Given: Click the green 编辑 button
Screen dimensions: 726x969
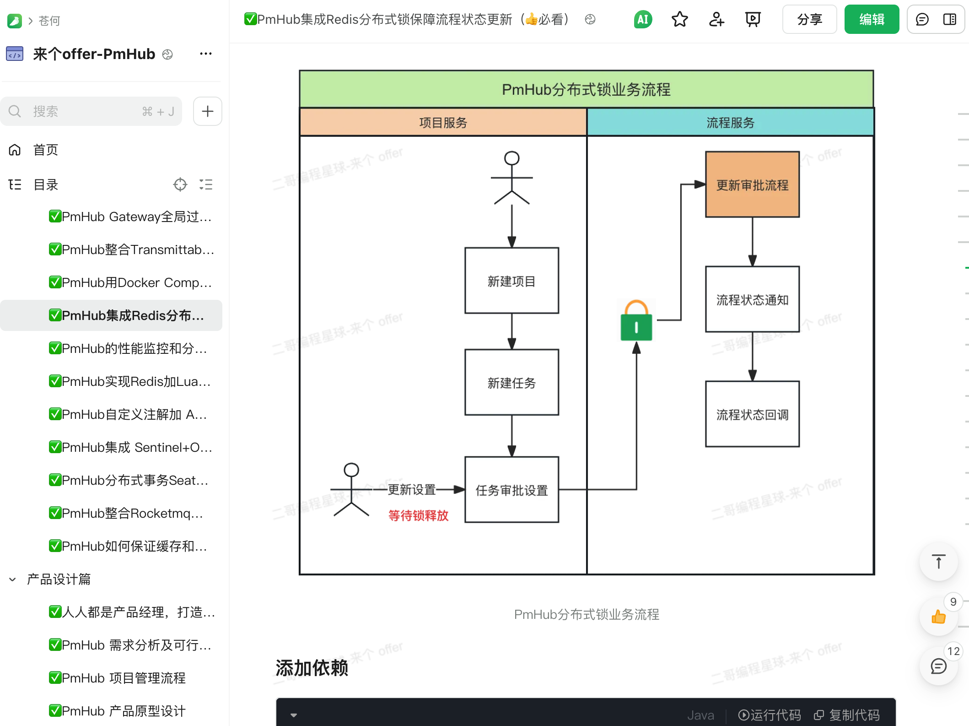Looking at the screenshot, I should tap(871, 19).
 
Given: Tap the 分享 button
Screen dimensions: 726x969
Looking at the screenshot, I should tap(809, 19).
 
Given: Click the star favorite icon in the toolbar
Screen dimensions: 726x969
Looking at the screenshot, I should tap(679, 19).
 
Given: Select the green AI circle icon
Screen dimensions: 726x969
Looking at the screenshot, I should tap(643, 19).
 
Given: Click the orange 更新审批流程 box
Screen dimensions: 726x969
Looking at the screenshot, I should tap(752, 184).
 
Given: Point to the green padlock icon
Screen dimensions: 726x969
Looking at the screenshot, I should tap(636, 321).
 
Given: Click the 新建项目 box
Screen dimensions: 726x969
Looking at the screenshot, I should tap(511, 281).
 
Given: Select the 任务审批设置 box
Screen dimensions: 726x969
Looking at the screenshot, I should tap(511, 490).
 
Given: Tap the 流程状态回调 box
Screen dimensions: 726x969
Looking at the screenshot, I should tap(752, 414).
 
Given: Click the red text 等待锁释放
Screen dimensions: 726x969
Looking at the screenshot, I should tap(418, 515).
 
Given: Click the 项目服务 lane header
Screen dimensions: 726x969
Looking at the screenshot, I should tap(442, 122).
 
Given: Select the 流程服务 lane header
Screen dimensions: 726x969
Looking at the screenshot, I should tap(730, 122).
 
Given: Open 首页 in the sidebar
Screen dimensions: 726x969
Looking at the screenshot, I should tap(46, 150).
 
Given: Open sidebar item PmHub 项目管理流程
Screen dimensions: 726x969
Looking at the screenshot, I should tap(124, 678).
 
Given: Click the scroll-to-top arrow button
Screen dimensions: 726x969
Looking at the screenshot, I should tap(938, 562).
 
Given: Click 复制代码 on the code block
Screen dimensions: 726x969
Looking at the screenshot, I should tap(847, 715).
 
